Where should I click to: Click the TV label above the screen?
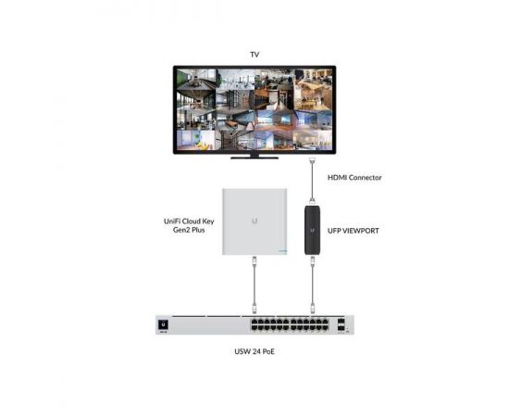(x=254, y=55)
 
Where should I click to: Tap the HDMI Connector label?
(x=354, y=178)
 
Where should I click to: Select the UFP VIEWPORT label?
(x=354, y=231)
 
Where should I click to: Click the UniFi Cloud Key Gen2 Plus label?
(x=189, y=225)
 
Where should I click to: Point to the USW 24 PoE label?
(x=254, y=352)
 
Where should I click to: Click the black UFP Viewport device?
(x=312, y=230)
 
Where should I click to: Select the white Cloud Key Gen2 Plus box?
(x=254, y=221)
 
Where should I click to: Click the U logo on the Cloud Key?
(x=254, y=221)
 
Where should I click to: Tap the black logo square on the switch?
(x=163, y=324)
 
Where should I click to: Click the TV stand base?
(x=254, y=158)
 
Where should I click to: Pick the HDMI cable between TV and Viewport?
(x=312, y=182)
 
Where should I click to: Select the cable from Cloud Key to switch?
(x=254, y=285)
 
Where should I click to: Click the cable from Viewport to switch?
(x=313, y=285)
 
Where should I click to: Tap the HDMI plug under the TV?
(x=312, y=160)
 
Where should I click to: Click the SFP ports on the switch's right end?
(x=341, y=324)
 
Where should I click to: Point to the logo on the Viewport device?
(x=312, y=230)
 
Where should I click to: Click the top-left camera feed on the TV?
(x=196, y=80)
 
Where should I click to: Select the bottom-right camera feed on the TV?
(x=313, y=140)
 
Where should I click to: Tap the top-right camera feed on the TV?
(x=313, y=80)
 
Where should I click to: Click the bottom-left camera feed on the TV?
(x=196, y=140)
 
